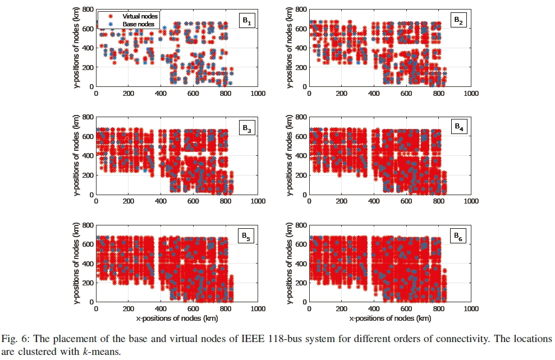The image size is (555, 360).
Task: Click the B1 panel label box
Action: (x=247, y=21)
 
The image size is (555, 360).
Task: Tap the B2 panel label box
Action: (x=460, y=21)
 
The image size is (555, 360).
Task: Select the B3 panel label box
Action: (x=247, y=128)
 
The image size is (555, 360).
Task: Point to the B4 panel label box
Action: (x=460, y=128)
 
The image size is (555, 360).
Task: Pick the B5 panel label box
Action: (x=247, y=237)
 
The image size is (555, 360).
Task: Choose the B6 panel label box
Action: (x=460, y=237)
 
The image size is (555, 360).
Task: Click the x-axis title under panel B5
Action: (x=177, y=318)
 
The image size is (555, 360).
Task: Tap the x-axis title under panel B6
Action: (x=390, y=318)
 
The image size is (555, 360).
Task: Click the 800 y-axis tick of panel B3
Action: (x=87, y=117)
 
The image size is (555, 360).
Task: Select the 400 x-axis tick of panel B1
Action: (x=160, y=94)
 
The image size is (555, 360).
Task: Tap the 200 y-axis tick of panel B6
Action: (x=300, y=283)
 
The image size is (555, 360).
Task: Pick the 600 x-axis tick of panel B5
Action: (x=193, y=309)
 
